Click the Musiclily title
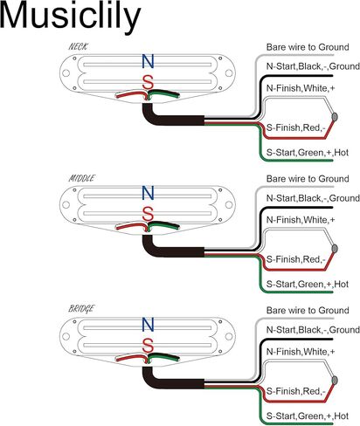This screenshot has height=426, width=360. click(70, 17)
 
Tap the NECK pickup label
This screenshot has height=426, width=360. click(78, 46)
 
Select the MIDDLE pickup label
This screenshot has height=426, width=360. click(81, 178)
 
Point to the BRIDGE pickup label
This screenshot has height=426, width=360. click(81, 308)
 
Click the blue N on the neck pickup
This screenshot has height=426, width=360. click(148, 61)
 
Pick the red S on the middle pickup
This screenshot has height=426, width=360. click(148, 214)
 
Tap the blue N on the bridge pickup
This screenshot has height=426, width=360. click(148, 325)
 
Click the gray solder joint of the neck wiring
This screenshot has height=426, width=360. click(335, 117)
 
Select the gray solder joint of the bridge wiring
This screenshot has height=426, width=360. click(335, 380)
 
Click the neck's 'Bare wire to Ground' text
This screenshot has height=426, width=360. click(308, 47)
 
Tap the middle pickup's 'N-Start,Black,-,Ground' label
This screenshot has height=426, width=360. click(313, 198)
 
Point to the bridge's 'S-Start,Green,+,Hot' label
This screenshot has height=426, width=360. click(308, 416)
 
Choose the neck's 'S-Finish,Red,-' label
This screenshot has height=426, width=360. click(295, 127)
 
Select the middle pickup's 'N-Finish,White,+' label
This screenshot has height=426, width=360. click(301, 220)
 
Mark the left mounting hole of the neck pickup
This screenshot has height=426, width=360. click(66, 73)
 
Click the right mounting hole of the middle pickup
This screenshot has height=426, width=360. click(229, 204)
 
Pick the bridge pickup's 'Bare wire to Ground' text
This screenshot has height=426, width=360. click(308, 310)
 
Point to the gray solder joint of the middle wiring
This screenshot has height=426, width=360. click(335, 249)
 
